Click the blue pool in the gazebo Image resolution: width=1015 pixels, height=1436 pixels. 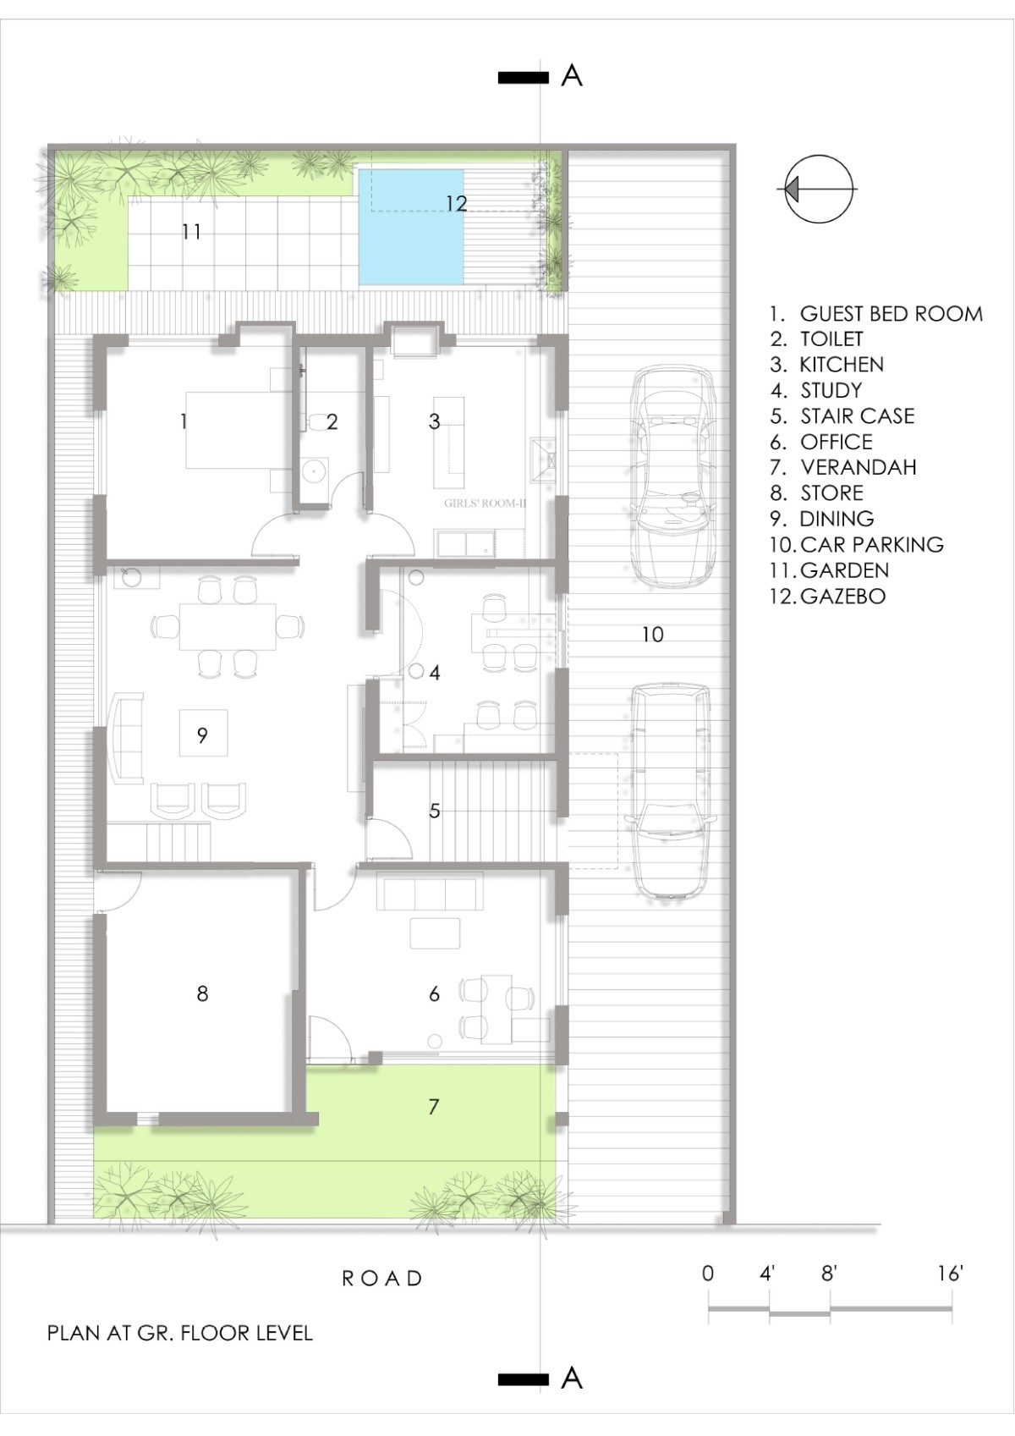tap(411, 226)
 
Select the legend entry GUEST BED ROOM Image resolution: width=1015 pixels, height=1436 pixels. tap(876, 313)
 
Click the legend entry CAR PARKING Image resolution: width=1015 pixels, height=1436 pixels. tap(857, 544)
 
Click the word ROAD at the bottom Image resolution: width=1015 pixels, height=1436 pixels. tap(382, 1279)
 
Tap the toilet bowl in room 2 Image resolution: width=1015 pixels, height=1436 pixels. tap(317, 421)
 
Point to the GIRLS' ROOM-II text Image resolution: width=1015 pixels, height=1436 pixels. tap(485, 503)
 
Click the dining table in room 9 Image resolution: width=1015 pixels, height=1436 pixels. tap(228, 626)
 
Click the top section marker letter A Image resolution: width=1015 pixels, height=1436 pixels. tap(572, 76)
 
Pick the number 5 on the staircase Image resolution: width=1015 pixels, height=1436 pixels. tap(435, 811)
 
